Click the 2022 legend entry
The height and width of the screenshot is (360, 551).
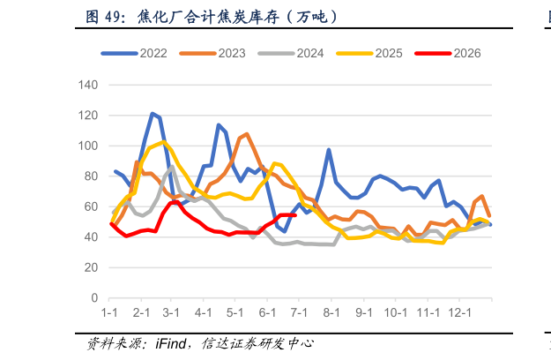click(x=134, y=53)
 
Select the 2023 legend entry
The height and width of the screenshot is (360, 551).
click(x=212, y=53)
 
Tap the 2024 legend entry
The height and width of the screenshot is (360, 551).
click(x=291, y=53)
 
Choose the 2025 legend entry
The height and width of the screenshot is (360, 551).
click(x=369, y=53)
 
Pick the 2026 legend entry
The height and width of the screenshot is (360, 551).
click(x=448, y=53)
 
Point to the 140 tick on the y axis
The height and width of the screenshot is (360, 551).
click(x=88, y=85)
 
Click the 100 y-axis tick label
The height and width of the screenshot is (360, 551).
click(x=88, y=146)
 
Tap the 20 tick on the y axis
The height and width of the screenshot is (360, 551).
click(x=91, y=267)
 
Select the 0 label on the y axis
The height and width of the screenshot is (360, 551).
click(x=94, y=297)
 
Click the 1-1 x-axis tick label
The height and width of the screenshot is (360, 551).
click(x=109, y=312)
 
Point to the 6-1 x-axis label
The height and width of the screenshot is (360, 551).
click(x=267, y=312)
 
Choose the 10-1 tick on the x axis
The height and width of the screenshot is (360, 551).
click(x=396, y=312)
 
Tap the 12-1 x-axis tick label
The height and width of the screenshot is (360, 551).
click(x=459, y=312)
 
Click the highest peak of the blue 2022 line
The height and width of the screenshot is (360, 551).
click(x=153, y=114)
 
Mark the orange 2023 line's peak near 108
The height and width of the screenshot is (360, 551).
click(x=247, y=134)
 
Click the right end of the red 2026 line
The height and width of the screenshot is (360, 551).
click(x=295, y=214)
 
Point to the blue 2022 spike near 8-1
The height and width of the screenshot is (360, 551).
click(x=329, y=150)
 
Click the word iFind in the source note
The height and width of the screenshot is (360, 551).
click(x=171, y=343)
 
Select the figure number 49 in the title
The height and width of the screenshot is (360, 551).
click(x=113, y=17)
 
